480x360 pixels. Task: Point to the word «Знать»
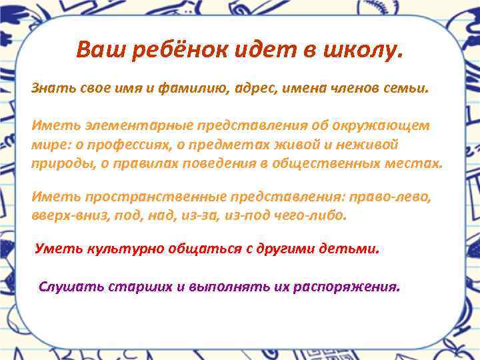pos(49,88)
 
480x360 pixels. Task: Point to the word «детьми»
pos(355,249)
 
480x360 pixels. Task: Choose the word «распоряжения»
pos(351,287)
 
